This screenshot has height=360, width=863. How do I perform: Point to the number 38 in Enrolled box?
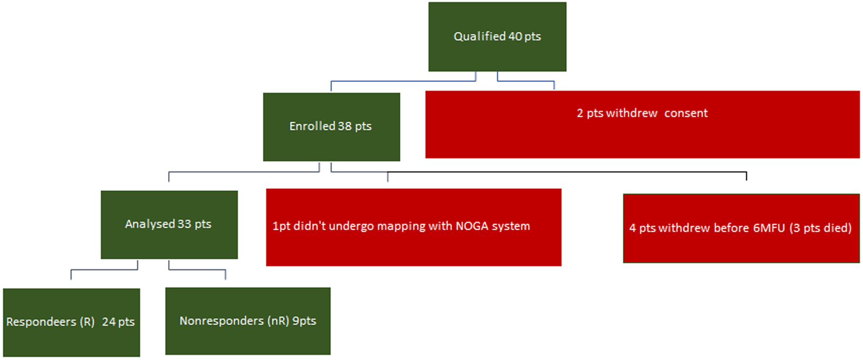(345, 126)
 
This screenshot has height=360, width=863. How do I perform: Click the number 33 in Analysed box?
(184, 224)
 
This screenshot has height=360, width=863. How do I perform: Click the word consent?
(685, 113)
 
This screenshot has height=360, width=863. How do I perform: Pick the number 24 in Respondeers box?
(108, 322)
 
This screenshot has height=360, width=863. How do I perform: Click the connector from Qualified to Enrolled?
(403, 81)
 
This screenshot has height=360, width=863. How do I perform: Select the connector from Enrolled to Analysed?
(244, 172)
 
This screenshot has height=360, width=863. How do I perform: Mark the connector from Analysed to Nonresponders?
(197, 270)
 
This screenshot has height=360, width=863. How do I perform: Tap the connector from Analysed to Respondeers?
(104, 270)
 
